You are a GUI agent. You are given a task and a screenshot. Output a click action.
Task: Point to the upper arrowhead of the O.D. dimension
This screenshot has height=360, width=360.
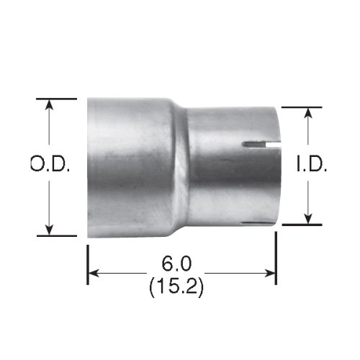pos(50,104)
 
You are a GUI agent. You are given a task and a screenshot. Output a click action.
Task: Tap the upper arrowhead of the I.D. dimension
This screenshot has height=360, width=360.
pos(309,113)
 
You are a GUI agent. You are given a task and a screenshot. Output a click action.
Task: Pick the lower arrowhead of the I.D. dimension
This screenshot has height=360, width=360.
pos(309,219)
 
